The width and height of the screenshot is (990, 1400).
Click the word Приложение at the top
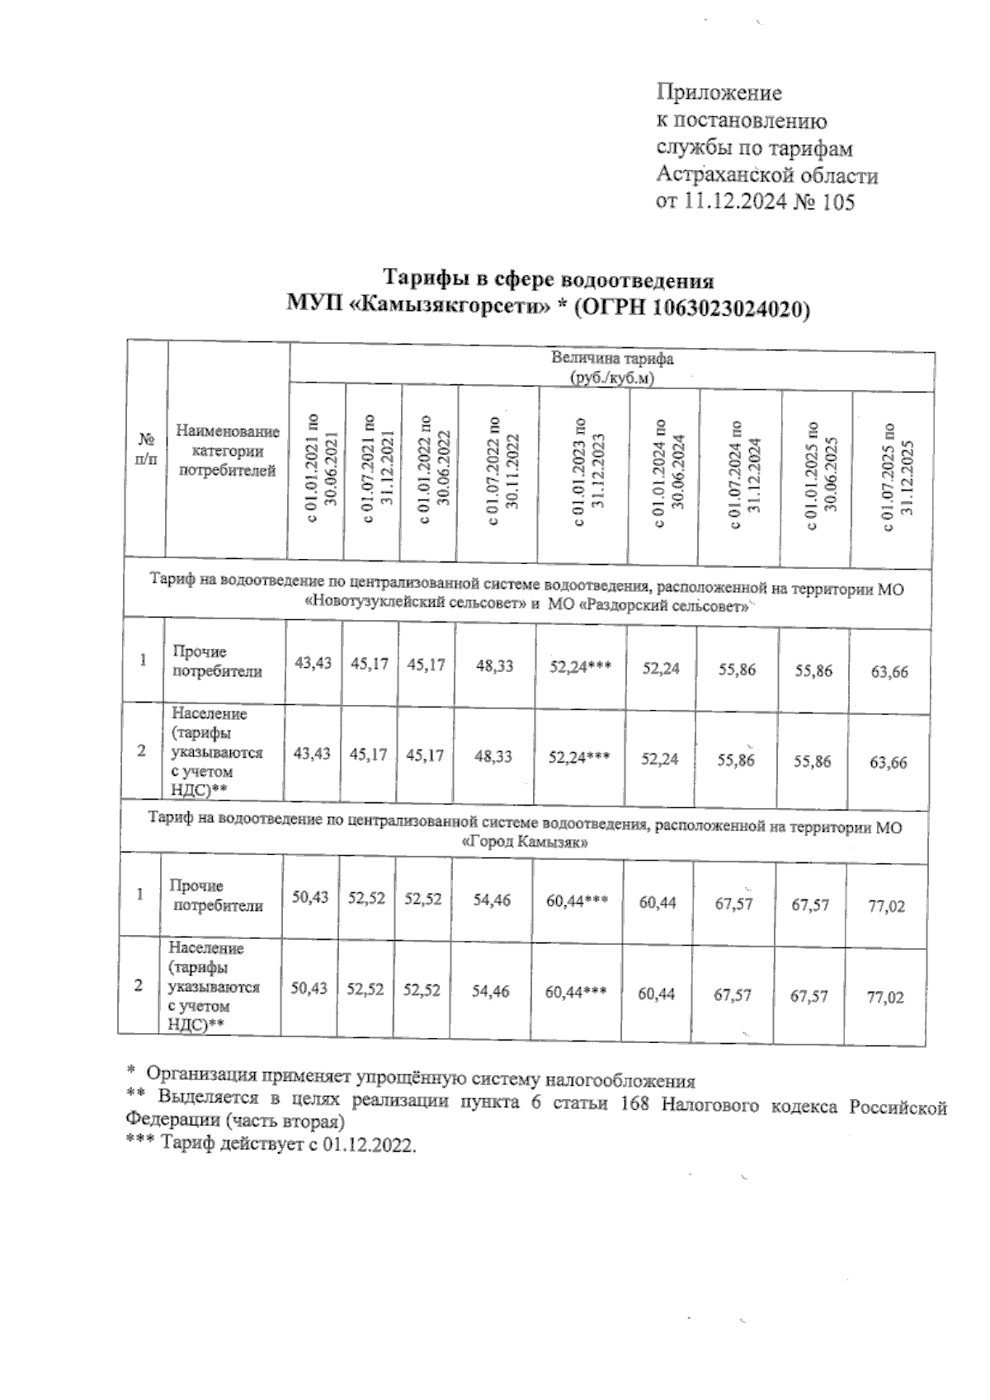pyautogui.click(x=719, y=92)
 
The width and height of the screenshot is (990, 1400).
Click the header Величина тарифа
pyautogui.click(x=612, y=359)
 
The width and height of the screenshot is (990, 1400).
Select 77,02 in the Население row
pyautogui.click(x=885, y=998)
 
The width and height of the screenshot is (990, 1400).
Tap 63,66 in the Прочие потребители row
pyautogui.click(x=889, y=672)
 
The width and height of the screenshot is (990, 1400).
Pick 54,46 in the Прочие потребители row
pyautogui.click(x=491, y=900)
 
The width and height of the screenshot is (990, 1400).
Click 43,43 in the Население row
pyautogui.click(x=313, y=754)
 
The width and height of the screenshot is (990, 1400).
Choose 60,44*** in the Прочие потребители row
pyautogui.click(x=577, y=901)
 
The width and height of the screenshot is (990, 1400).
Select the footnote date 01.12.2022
pyautogui.click(x=371, y=1146)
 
